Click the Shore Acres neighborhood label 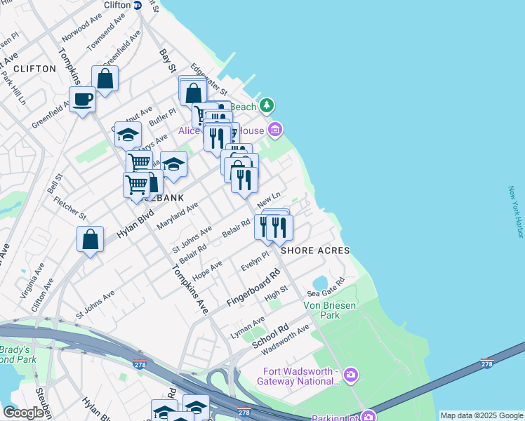[315, 250]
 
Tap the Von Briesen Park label [321, 310]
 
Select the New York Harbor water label [516, 212]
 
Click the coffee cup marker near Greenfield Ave [82, 100]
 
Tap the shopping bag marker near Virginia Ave [91, 239]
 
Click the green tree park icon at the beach [267, 106]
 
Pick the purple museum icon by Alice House [275, 130]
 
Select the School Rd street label [270, 338]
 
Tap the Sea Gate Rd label [326, 288]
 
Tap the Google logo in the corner [23, 413]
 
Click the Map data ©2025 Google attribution [481, 415]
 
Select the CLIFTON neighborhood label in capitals [34, 69]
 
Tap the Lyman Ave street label [248, 327]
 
